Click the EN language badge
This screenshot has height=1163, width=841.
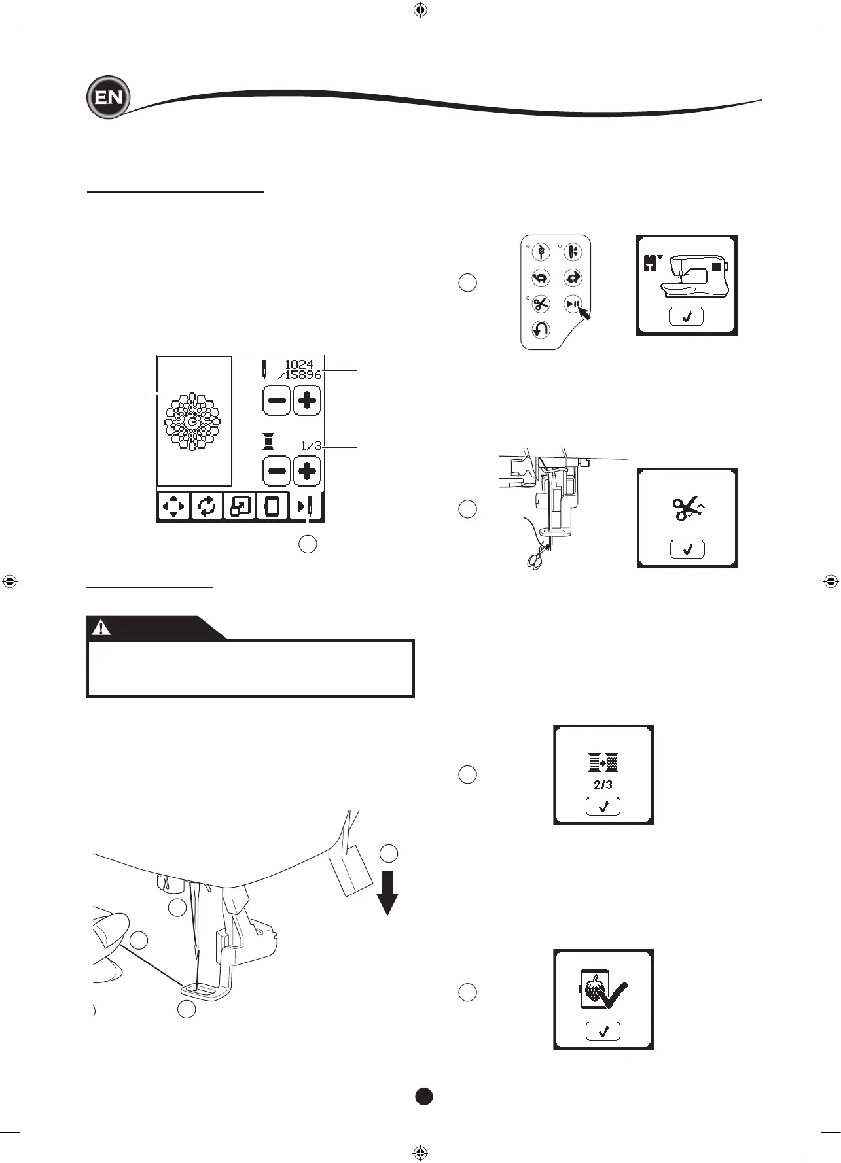tap(109, 97)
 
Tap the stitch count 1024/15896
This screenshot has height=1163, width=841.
tap(302, 370)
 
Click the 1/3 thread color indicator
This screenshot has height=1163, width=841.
tap(311, 446)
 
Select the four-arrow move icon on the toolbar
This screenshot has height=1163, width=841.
tap(173, 506)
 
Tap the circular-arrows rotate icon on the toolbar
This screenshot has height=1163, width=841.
tap(207, 506)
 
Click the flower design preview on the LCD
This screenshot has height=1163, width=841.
tap(192, 421)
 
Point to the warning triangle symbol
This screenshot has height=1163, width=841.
tap(101, 628)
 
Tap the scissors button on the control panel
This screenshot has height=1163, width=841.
tap(541, 304)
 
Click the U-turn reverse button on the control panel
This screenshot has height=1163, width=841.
tap(541, 330)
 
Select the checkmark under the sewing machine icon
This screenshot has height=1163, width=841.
tap(687, 317)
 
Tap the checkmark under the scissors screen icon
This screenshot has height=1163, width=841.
tap(687, 549)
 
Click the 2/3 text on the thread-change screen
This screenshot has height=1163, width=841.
tap(603, 785)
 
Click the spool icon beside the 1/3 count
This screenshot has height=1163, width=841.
tap(268, 443)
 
